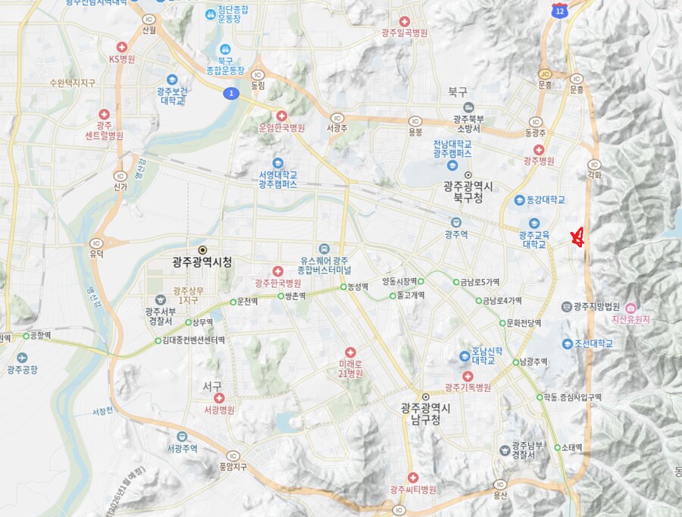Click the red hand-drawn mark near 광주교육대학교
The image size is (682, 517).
pos(577,238)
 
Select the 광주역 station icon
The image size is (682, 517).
pos(455,223)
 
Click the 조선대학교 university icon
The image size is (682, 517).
pos(567,343)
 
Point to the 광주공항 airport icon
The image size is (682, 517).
pos(21,358)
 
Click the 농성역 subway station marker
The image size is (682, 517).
pos(343,287)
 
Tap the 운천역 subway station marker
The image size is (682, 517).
pos(233,302)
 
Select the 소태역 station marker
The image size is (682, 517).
pos(557,447)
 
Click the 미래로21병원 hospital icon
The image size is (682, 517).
pos(350,352)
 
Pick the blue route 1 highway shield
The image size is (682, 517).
pos(230,92)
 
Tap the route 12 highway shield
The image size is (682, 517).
pos(559,11)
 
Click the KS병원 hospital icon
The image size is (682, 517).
pos(121,47)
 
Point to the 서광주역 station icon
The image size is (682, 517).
pos(183,437)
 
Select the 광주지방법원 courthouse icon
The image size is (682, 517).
pos(567,306)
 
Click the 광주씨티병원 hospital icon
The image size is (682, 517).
pos(413,478)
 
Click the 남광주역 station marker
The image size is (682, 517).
pos(515,362)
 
